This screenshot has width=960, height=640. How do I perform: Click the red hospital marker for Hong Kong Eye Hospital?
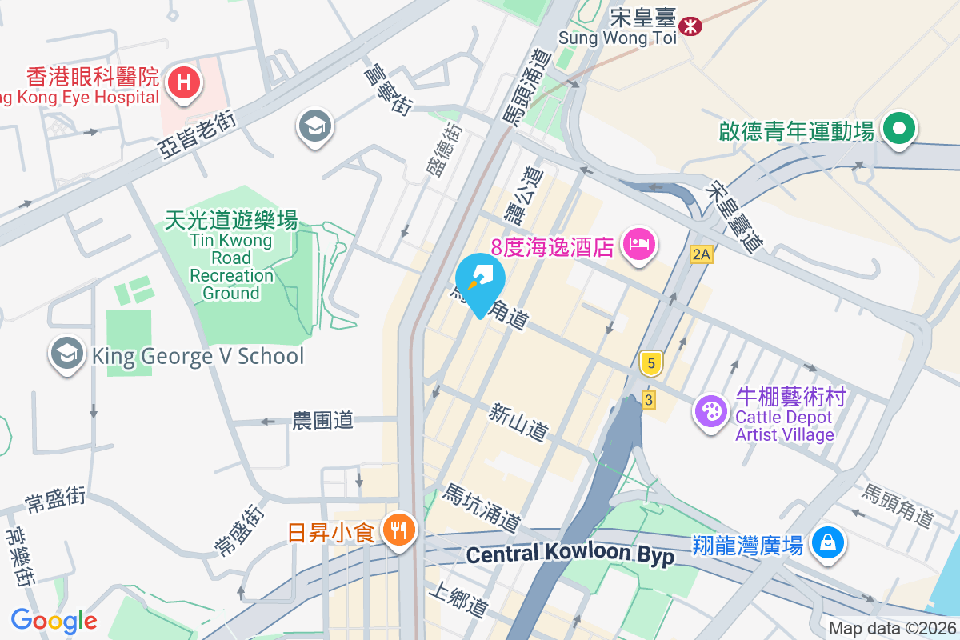coord(184,82)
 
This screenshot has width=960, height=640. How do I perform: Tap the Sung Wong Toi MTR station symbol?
coord(690,26)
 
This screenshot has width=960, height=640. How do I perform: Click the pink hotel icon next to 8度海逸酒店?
coord(639,243)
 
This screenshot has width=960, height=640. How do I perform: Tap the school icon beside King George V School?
coord(67,354)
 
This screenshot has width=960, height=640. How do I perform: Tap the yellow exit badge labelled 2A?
coord(701,254)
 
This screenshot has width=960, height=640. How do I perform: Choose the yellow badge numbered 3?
coord(649,398)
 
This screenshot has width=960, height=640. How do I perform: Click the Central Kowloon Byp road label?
coord(570,554)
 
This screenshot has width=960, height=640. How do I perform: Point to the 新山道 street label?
coord(519,422)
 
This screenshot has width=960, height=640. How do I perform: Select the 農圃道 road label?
coord(322,420)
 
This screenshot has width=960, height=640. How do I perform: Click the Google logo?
coord(54,620)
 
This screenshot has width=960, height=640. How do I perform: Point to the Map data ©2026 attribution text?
coord(892,629)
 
